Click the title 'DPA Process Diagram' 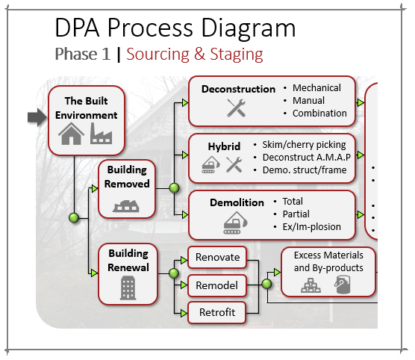click(x=175, y=28)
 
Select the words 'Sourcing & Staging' click(x=194, y=54)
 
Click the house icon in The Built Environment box click(x=71, y=134)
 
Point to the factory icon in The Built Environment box click(x=101, y=134)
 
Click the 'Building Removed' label click(x=128, y=177)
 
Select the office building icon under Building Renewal click(x=127, y=287)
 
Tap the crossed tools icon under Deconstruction click(x=237, y=109)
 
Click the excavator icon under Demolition click(x=237, y=222)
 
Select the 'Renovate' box click(x=217, y=258)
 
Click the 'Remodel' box click(x=216, y=285)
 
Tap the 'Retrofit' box click(x=216, y=312)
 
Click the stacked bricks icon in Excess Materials click(x=311, y=285)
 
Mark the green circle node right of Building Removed click(x=175, y=188)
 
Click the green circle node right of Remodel click(x=266, y=285)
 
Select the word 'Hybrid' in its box click(x=224, y=146)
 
